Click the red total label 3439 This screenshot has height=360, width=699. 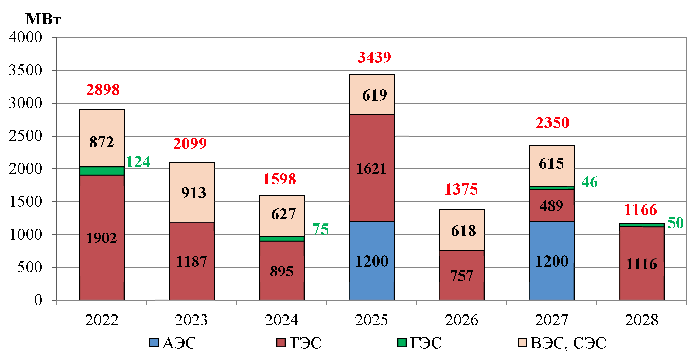[x=374, y=57]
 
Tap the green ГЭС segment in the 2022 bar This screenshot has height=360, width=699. [x=102, y=171]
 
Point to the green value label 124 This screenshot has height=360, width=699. [x=138, y=162]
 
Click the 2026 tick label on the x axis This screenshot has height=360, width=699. [x=461, y=320]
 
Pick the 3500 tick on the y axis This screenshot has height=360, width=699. [x=25, y=70]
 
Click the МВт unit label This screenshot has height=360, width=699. [x=43, y=19]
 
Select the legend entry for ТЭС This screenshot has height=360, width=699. [x=299, y=343]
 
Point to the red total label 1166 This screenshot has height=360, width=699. [x=641, y=210]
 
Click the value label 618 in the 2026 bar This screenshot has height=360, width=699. [x=464, y=231]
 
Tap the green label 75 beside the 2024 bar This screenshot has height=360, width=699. [x=320, y=229]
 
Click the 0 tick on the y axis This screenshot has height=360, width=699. [x=38, y=300]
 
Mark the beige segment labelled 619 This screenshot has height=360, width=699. [x=374, y=95]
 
